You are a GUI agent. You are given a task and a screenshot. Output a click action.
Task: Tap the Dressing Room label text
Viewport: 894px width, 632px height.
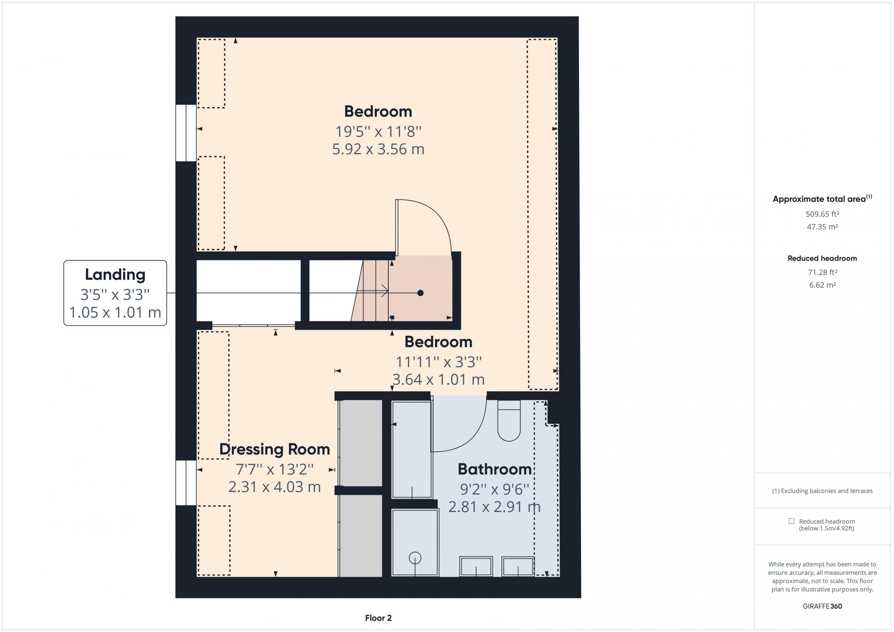274,449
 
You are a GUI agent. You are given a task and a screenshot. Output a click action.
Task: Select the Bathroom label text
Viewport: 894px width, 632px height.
494,469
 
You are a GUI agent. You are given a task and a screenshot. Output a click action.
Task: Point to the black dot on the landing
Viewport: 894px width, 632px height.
420,293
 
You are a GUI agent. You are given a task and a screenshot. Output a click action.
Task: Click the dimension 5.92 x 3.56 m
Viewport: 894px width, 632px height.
378,149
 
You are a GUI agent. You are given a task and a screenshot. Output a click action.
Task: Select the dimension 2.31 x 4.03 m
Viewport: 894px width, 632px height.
274,487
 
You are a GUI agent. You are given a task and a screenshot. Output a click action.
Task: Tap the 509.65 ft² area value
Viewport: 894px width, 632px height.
822,214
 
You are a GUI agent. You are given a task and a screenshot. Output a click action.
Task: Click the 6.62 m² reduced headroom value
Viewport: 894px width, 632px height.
822,285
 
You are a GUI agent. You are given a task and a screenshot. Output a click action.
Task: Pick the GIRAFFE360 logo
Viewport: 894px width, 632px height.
822,606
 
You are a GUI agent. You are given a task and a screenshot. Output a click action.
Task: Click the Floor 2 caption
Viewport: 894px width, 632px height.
378,618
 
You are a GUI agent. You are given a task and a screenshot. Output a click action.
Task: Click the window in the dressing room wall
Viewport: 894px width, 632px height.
186,483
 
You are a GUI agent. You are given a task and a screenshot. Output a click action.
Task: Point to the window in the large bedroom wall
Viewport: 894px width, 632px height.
186,133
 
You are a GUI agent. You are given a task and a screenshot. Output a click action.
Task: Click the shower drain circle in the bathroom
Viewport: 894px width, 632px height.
415,558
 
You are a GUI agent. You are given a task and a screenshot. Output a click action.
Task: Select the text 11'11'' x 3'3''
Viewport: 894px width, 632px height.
438,362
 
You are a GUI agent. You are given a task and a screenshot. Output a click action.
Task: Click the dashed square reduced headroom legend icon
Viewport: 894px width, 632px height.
791,521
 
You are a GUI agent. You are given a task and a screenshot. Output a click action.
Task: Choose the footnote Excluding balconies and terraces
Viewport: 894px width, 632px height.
822,491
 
